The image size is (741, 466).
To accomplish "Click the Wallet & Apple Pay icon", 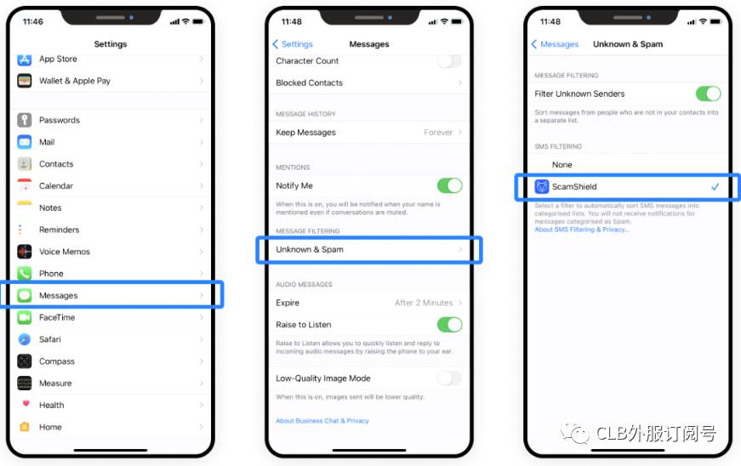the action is [x=24, y=81].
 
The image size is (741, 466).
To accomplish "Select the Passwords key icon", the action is [x=24, y=120].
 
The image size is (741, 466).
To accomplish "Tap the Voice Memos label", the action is [x=65, y=252].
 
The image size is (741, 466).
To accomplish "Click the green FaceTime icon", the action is [x=24, y=317].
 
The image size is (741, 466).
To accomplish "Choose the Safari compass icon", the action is [x=24, y=339].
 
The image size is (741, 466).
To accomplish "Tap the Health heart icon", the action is [x=26, y=404].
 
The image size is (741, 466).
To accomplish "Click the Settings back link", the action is [x=293, y=44].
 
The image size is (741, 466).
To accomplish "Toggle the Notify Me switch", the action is [x=449, y=185].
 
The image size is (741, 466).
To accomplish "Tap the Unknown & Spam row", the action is [x=369, y=249].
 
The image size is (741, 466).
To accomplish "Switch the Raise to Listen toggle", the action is [x=449, y=324].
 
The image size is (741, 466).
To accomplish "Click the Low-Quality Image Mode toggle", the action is [x=449, y=378].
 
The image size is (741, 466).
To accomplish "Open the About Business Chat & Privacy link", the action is [x=322, y=421].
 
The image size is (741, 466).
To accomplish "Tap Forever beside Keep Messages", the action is [x=438, y=132].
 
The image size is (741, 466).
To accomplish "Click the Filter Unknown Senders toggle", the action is [x=708, y=94].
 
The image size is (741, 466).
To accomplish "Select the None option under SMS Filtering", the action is [x=561, y=165].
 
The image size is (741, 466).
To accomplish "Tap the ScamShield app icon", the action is [x=542, y=186].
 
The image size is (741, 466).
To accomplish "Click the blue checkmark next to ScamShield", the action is [x=715, y=186].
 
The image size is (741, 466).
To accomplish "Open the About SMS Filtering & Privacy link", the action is [x=582, y=230].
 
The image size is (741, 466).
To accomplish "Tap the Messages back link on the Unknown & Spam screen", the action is [x=555, y=44].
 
